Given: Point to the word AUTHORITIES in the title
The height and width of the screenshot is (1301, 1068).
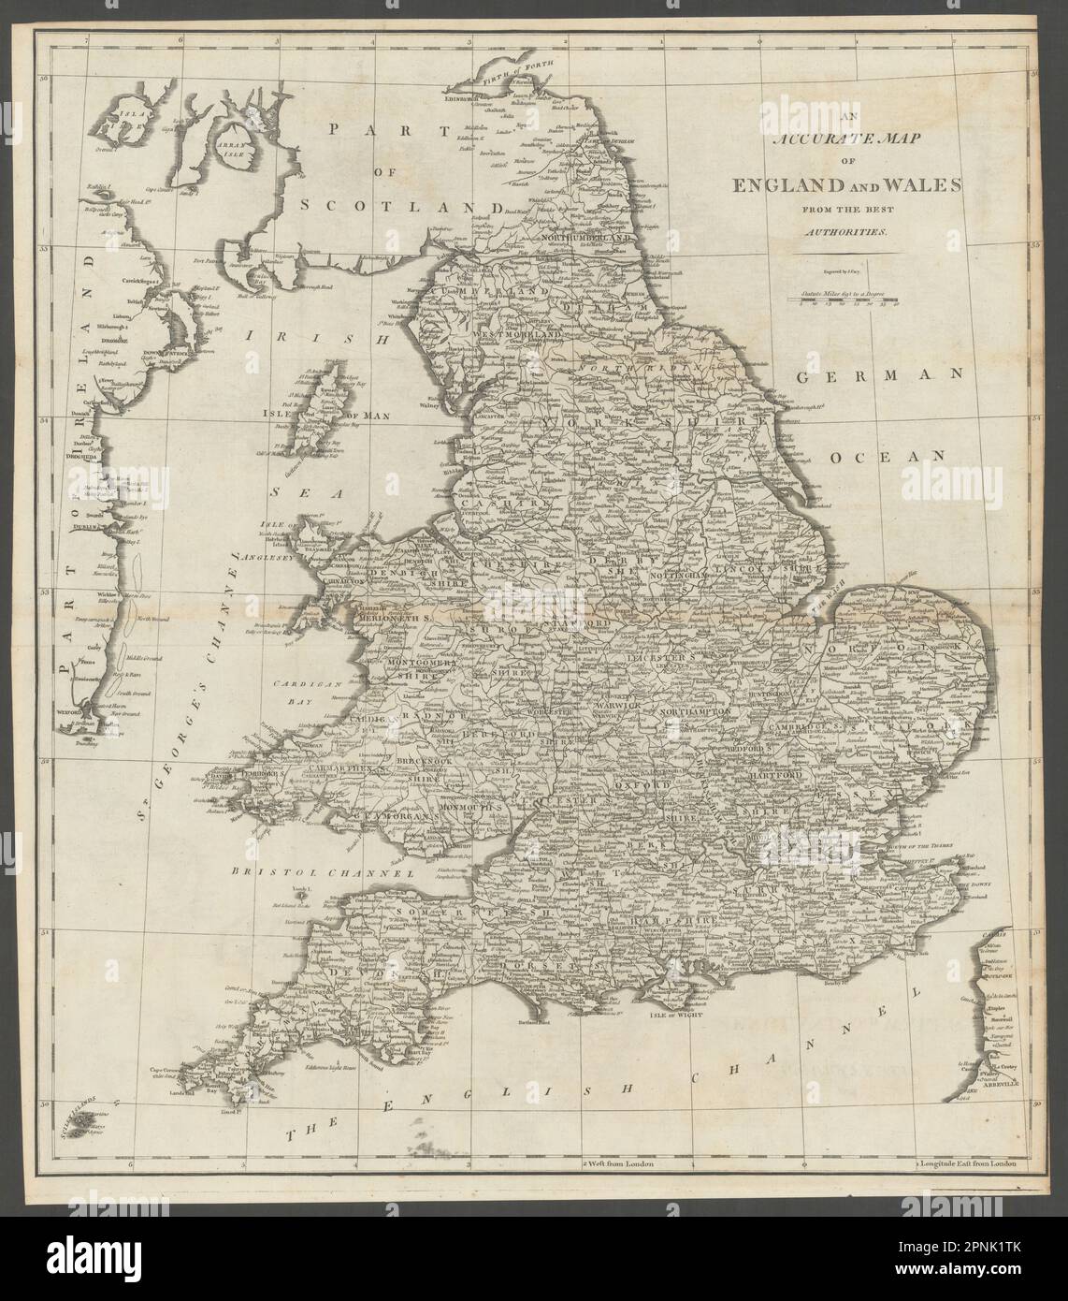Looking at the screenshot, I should [842, 229].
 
